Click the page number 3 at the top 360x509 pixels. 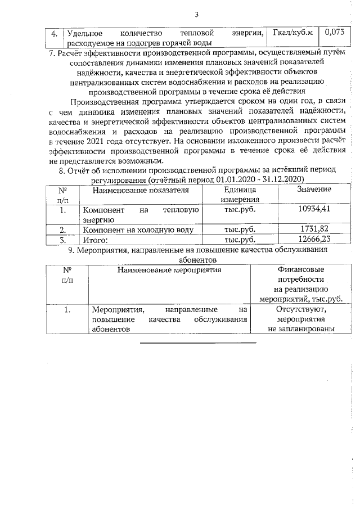(x=197, y=14)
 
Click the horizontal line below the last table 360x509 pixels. (x=197, y=342)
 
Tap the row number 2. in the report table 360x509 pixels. (x=64, y=229)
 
